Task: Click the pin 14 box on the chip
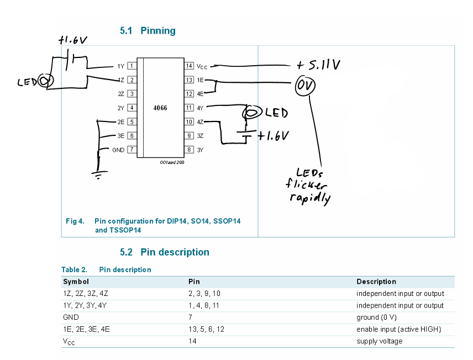click(x=189, y=66)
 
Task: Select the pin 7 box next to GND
click(x=132, y=150)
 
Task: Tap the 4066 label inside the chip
click(x=160, y=108)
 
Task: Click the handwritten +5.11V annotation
click(x=318, y=65)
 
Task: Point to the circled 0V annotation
click(x=305, y=86)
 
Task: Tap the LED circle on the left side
click(x=46, y=81)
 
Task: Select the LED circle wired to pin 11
click(x=251, y=113)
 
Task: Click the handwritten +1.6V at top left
click(x=73, y=40)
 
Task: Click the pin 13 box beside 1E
click(x=189, y=80)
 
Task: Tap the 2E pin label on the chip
click(x=120, y=122)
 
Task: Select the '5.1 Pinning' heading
click(x=148, y=30)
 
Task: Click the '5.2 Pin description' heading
click(x=165, y=252)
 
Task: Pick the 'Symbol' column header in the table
click(x=76, y=282)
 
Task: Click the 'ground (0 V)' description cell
click(x=376, y=317)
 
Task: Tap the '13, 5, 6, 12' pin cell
click(x=206, y=329)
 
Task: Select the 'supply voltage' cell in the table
click(x=380, y=341)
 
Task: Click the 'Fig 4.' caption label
click(x=75, y=221)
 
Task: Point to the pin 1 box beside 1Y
click(x=132, y=66)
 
